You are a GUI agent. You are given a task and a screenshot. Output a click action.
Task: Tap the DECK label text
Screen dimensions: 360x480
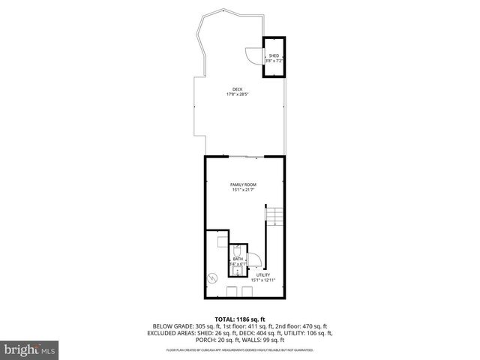[238, 89]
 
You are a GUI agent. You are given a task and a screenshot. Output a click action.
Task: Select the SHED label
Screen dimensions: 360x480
[274, 55]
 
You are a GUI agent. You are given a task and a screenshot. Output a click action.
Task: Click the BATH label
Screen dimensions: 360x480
[238, 259]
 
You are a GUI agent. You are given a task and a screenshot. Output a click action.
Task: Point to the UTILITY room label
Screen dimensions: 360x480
[263, 274]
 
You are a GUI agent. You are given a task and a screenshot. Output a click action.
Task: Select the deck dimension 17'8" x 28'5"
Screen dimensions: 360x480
[238, 94]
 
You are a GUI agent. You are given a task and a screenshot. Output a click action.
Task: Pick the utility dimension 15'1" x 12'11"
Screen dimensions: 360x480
[263, 280]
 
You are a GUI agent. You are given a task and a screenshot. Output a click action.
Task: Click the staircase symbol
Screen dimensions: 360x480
[275, 217]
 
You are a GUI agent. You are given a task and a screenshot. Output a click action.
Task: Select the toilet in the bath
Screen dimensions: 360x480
[238, 250]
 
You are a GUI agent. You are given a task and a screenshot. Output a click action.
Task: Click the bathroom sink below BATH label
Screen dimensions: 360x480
[237, 271]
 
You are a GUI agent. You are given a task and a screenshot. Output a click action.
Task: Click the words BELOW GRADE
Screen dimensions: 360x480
[170, 326]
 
